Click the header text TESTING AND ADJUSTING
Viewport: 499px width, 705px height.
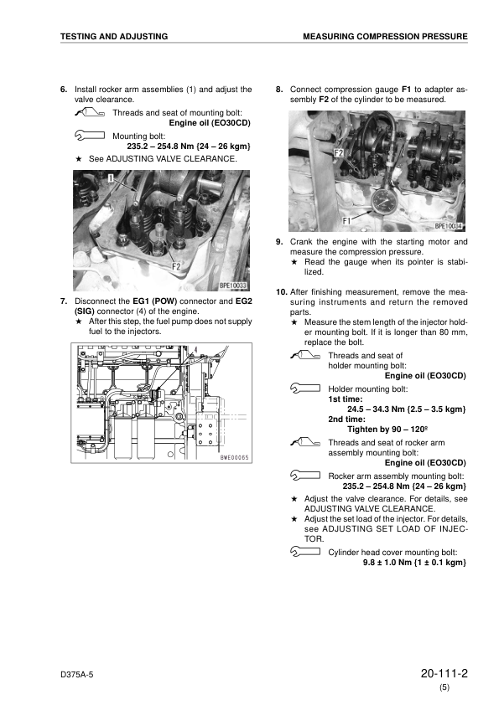click(x=114, y=37)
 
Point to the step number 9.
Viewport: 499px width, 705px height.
click(x=280, y=242)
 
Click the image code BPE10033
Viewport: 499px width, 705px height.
click(x=232, y=285)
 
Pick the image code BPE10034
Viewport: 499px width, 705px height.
click(x=450, y=226)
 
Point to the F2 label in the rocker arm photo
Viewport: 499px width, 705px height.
click(x=176, y=267)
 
